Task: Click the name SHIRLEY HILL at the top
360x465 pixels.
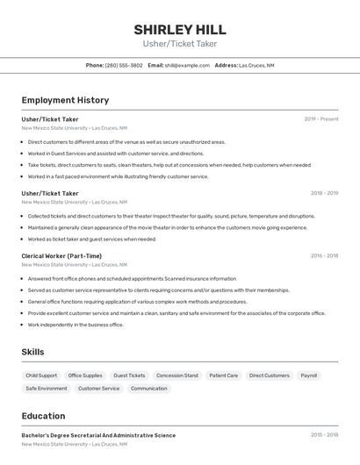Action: (x=180, y=30)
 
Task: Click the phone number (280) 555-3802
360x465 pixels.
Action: (x=124, y=65)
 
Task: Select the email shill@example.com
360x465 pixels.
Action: (x=187, y=65)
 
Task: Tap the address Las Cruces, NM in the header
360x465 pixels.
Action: (x=256, y=65)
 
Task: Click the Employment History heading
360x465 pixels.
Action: (x=65, y=100)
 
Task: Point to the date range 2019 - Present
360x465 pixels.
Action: (x=321, y=119)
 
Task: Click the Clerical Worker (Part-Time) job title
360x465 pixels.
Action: (x=61, y=255)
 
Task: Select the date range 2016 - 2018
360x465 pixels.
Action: (x=324, y=255)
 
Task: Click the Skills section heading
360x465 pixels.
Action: (x=33, y=352)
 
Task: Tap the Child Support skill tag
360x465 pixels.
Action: (x=41, y=376)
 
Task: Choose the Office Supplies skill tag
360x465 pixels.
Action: (x=85, y=376)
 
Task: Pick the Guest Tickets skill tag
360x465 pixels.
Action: (x=129, y=376)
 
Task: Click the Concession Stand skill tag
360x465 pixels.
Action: (x=177, y=376)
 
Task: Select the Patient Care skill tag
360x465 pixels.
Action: (x=223, y=376)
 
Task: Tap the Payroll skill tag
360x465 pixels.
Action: (x=309, y=376)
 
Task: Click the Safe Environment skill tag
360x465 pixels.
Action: (x=47, y=388)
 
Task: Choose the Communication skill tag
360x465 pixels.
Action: (x=148, y=388)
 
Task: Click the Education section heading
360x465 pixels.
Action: (x=43, y=416)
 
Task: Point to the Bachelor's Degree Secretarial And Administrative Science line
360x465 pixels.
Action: (x=98, y=435)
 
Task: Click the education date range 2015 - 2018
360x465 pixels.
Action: (x=324, y=435)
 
